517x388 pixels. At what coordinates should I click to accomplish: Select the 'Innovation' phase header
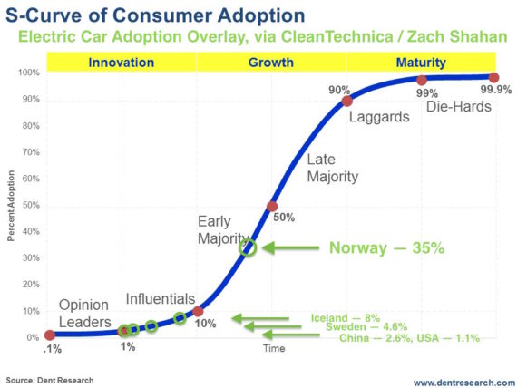pos(120,63)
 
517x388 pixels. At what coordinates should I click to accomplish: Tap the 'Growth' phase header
pos(271,63)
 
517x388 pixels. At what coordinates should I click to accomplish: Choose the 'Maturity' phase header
pos(420,63)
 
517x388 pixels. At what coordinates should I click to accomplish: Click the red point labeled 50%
pos(272,206)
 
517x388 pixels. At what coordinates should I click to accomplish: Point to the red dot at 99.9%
pos(493,78)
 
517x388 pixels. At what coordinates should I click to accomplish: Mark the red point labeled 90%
pos(346,101)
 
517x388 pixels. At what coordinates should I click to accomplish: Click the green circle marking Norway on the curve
pos(248,247)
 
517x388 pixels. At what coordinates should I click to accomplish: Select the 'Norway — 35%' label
pos(386,247)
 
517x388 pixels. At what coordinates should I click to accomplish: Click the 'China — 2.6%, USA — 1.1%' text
pos(409,337)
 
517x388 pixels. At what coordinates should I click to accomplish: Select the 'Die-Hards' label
pos(458,107)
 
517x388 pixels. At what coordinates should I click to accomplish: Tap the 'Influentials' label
pos(160,298)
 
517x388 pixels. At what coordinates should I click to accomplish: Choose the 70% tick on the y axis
pos(32,152)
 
